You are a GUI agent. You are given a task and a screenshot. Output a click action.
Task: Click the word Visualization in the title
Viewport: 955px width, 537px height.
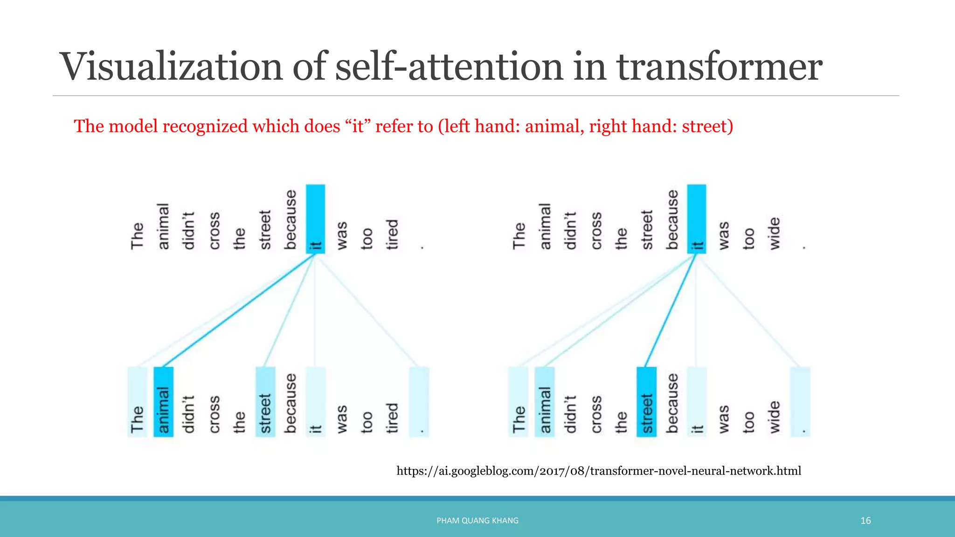click(x=171, y=67)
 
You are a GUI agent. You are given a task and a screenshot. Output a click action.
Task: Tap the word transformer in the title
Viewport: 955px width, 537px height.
click(x=720, y=67)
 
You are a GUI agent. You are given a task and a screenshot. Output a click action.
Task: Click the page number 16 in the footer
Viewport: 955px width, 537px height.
click(x=865, y=521)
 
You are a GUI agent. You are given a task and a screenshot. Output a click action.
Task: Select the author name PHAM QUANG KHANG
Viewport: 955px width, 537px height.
click(x=477, y=521)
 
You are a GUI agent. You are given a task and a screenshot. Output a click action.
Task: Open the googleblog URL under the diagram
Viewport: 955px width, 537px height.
click(x=599, y=471)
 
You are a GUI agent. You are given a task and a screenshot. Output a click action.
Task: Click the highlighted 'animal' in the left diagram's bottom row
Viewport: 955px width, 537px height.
click(x=163, y=402)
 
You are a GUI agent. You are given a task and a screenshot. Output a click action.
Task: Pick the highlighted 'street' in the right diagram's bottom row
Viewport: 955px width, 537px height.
click(x=646, y=402)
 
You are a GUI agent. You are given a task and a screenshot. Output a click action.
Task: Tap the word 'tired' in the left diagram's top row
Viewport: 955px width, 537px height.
click(x=392, y=234)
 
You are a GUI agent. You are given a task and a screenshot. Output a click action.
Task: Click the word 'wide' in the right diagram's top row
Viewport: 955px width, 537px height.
click(x=774, y=234)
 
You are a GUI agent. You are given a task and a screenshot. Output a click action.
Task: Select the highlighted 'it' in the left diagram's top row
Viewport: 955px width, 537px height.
click(x=316, y=219)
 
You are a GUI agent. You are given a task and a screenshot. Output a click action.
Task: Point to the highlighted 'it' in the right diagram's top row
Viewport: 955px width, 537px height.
click(x=697, y=219)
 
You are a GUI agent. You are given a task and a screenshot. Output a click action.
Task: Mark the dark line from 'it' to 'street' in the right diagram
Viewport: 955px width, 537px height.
click(x=670, y=310)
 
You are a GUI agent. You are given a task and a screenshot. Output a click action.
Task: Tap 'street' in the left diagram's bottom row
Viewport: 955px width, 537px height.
click(x=265, y=402)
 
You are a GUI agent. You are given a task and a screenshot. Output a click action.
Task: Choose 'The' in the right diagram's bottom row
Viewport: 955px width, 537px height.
click(x=518, y=402)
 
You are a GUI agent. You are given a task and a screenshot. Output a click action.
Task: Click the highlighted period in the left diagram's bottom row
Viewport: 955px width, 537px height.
click(x=419, y=402)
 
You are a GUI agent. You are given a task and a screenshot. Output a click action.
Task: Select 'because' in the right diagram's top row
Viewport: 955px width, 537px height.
click(x=672, y=220)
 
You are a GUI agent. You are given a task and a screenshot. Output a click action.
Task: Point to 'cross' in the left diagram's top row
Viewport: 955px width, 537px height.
click(x=214, y=231)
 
